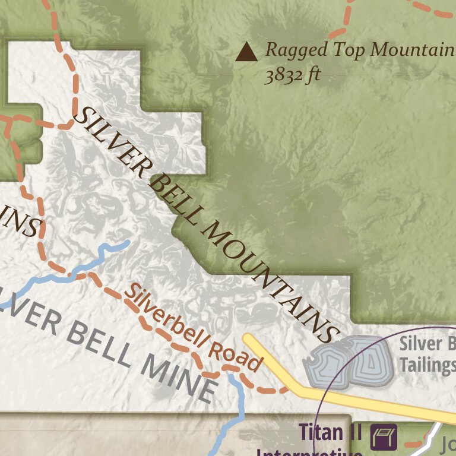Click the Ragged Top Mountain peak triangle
(x=246, y=52)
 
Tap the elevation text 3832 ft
(x=292, y=76)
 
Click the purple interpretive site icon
(x=384, y=437)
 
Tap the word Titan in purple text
(x=321, y=432)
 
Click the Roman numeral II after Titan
(x=354, y=432)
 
